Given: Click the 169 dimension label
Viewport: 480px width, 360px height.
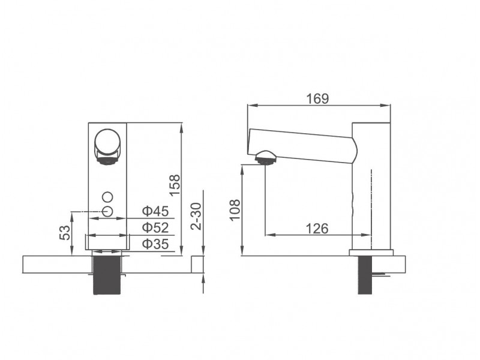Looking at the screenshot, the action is pos(317,98).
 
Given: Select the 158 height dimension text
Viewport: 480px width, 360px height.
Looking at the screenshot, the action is pos(175,185).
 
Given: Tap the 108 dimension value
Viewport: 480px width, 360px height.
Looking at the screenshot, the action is pos(235,210).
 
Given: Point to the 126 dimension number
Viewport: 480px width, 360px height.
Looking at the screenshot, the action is pos(317,229).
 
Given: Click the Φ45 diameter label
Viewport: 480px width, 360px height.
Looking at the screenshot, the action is pos(155,211).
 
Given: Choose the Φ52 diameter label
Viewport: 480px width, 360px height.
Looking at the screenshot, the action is pos(155,227).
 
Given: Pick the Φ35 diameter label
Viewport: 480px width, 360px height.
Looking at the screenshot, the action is pos(155,244).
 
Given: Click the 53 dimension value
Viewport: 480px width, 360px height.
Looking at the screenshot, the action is pos(65,233).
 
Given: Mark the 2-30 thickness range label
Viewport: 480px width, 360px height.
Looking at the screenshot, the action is pos(196,216).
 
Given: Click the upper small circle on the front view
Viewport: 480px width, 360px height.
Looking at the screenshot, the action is pos(108,197).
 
